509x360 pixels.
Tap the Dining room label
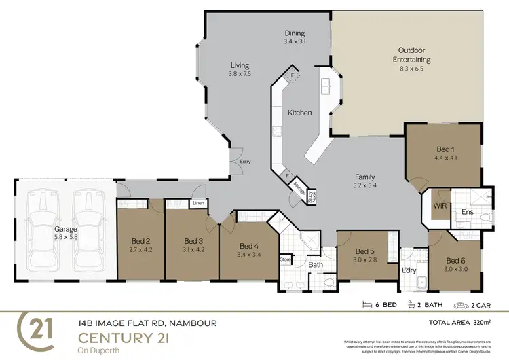pos(295,33)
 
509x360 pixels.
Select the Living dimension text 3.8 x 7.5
pos(240,73)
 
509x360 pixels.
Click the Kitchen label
pos(299,113)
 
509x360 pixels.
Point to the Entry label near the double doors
pos(245,162)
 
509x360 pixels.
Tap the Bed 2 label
pos(141,240)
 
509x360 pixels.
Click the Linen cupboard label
pos(198,202)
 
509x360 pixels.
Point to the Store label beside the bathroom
pos(286,259)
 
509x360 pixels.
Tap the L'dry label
pos(409,271)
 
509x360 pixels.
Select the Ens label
pos(468,212)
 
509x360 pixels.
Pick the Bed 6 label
pos(455,260)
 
